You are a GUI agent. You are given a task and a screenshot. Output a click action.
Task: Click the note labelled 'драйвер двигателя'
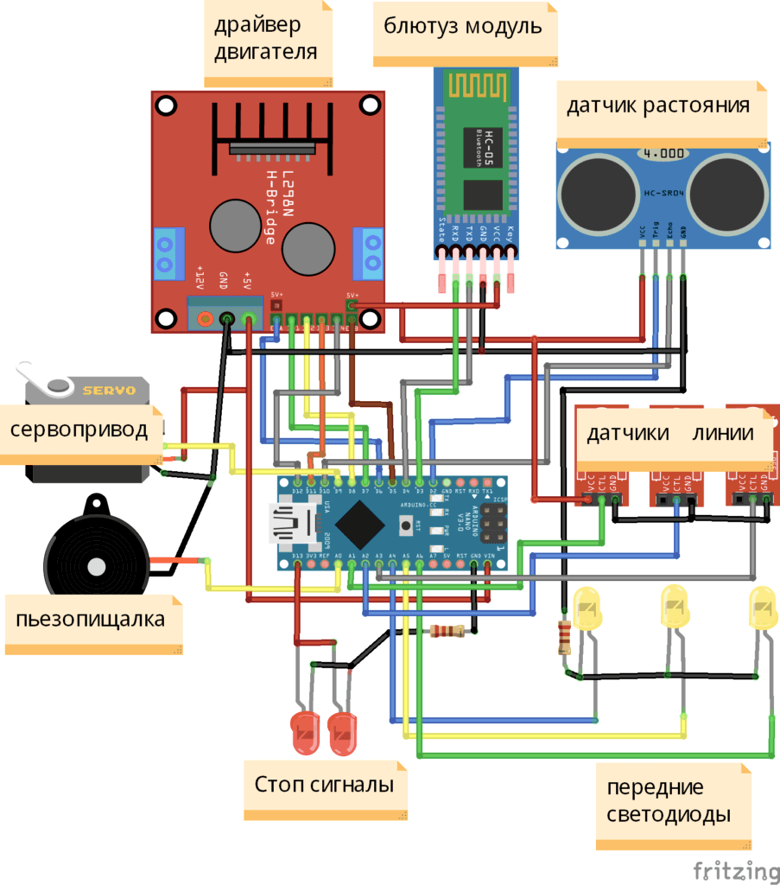(x=267, y=40)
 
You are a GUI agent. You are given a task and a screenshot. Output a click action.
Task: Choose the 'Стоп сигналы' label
(x=325, y=786)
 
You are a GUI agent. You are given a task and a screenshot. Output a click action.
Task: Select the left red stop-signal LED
(x=307, y=730)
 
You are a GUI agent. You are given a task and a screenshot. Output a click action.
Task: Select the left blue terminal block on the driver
(x=169, y=254)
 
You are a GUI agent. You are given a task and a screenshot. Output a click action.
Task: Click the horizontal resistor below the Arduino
(x=447, y=631)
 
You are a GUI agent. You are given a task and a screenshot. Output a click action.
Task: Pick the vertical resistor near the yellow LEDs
(x=566, y=638)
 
